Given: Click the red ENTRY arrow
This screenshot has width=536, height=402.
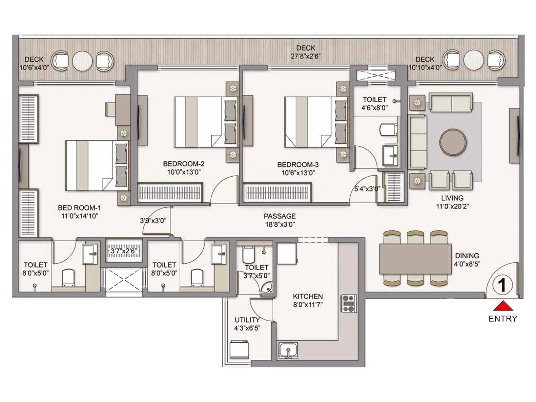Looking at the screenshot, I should point(503,306).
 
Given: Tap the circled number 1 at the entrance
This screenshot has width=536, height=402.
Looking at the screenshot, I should point(502,285).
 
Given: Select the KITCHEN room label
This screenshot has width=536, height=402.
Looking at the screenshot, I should point(308,296).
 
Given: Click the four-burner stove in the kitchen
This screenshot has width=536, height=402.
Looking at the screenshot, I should point(348,303).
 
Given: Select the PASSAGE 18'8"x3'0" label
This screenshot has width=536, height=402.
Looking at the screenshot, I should point(280,220).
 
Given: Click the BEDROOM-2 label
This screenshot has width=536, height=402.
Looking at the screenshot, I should point(184,164).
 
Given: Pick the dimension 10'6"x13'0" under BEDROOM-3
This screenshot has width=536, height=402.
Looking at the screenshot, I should point(298,173).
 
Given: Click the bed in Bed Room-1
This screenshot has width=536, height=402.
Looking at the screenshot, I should point(97,165).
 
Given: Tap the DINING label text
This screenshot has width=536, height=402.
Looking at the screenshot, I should point(467,256).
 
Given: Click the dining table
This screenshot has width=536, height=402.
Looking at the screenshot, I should point(415,259).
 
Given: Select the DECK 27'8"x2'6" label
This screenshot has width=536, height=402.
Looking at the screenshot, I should point(305,52).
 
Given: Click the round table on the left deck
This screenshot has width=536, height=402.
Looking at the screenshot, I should point(82,61).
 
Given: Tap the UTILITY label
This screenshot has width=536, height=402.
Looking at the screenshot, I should point(247,320).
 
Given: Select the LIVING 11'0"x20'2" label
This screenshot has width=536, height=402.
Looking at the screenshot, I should point(452,202).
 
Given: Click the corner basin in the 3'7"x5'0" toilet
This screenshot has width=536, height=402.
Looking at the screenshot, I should point(267,288).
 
